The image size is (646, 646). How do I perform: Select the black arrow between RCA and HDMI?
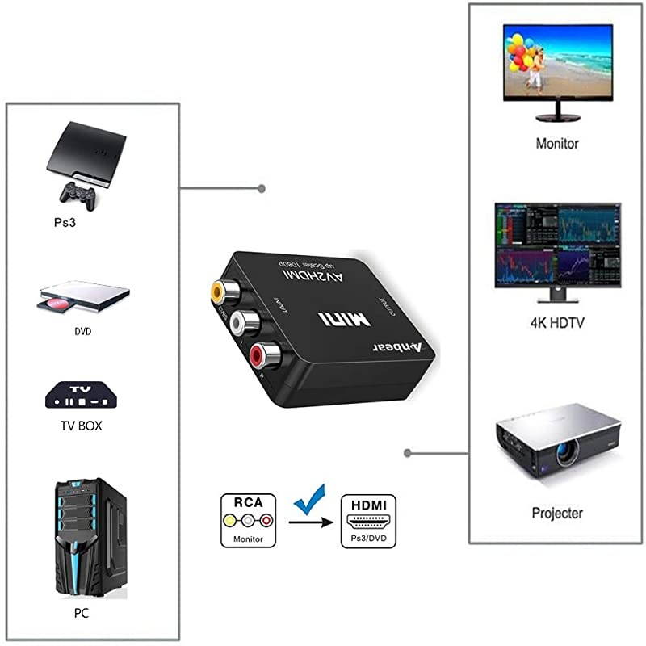[312, 522]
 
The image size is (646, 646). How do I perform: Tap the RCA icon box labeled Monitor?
[249, 520]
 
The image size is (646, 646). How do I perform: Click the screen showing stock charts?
[557, 244]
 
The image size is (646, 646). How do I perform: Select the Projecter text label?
[556, 513]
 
